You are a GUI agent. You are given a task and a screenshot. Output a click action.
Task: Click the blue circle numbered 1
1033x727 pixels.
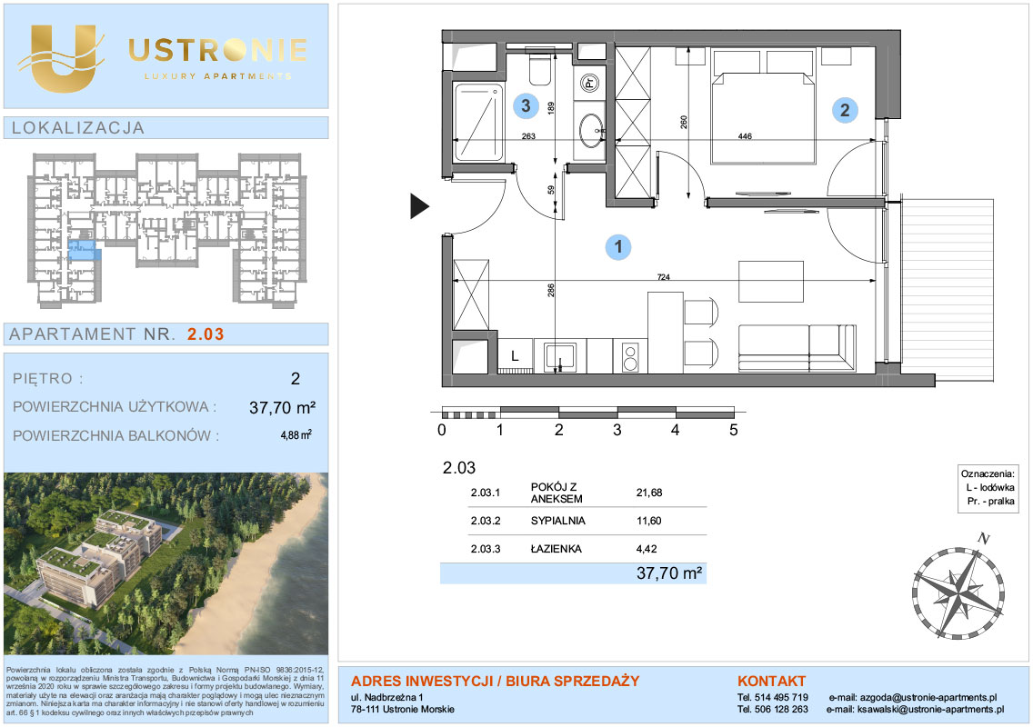pos(618,247)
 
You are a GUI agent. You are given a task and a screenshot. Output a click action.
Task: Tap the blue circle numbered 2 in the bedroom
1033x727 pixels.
pos(845,110)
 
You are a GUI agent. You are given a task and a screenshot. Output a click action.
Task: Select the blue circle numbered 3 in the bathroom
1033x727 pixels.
pos(526,105)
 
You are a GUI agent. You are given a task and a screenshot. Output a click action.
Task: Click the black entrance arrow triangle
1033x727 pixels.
pos(420,206)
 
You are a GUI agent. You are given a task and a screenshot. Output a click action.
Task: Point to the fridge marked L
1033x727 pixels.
pos(516,356)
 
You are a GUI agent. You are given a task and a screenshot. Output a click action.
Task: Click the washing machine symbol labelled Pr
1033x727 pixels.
pos(589,83)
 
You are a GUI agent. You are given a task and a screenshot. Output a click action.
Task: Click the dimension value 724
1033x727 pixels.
pos(664,276)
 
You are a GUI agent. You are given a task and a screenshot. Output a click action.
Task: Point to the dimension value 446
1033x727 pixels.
pos(745,136)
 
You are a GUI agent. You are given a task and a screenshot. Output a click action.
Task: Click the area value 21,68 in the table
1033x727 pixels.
pos(649,493)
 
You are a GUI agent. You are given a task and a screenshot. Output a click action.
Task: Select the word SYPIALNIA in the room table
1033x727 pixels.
pos(558,521)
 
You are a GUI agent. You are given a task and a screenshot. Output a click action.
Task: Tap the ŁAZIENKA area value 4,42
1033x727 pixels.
pos(647,549)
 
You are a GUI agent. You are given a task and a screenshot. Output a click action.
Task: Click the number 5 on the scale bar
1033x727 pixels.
pos(733,430)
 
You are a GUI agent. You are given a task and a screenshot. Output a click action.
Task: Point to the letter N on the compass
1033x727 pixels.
pos(984,539)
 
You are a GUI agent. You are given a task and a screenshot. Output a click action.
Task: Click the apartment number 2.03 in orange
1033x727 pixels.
pos(206,334)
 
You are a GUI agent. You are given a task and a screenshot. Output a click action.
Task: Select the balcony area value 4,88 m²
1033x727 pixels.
pos(296,434)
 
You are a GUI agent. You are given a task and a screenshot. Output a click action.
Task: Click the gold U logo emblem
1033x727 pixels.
pos(63,58)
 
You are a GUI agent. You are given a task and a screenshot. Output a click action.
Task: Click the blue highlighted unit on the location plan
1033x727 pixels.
pos(84,250)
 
